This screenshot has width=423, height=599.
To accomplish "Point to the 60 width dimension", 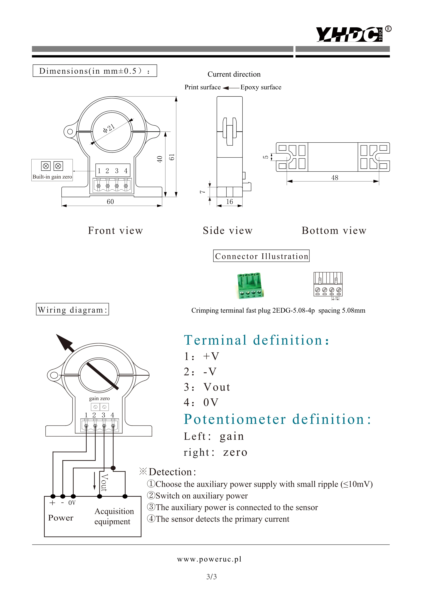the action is [x=110, y=201].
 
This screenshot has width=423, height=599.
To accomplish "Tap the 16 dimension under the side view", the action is [x=229, y=201].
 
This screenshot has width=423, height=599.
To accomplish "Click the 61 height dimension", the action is [x=171, y=157].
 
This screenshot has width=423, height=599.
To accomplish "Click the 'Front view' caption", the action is [x=116, y=231].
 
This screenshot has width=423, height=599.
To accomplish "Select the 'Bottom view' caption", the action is [x=334, y=231].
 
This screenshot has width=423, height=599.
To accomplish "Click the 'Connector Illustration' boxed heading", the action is [x=261, y=256].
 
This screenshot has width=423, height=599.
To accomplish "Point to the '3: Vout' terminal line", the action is [x=207, y=387].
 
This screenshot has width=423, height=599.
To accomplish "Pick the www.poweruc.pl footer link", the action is [x=209, y=559].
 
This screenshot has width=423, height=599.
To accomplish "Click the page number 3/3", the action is [x=211, y=577].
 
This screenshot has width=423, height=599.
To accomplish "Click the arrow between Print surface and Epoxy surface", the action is [x=231, y=88].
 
